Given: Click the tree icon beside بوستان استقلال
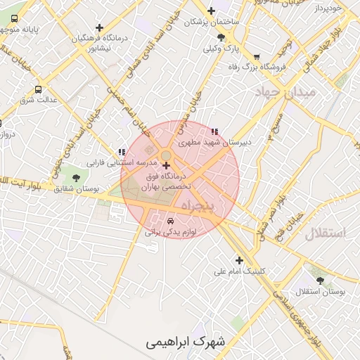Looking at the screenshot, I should pos(321,280).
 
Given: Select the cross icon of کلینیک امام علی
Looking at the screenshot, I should pos(240,259).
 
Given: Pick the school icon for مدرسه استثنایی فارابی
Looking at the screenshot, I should pos(122,152).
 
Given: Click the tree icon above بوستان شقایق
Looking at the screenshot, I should pos(76,178).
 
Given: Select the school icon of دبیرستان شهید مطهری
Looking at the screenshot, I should pos(214,131).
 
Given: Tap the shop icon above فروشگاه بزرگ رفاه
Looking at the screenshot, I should pos(257,57).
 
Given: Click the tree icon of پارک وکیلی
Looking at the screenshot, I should pos(221,37).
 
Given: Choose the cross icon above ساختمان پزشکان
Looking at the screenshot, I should pos(211,11).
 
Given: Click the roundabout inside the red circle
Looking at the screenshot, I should pos(166,155).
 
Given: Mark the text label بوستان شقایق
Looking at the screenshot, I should pos(75,190).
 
